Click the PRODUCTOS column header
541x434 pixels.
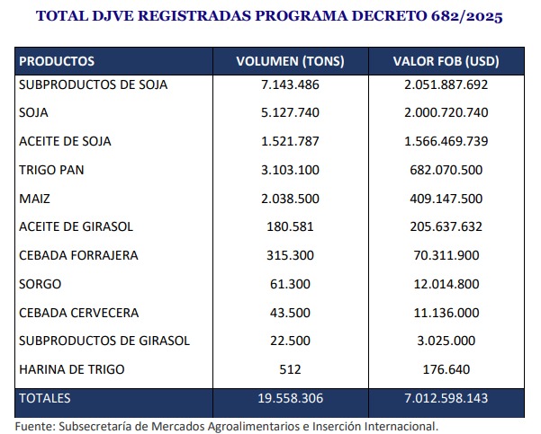point(57,62)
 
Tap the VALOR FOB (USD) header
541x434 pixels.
point(446,62)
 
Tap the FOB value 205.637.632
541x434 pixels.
point(446,227)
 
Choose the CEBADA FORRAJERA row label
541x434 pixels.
point(78,256)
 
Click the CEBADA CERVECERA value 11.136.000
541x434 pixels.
point(446,313)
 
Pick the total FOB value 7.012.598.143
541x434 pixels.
point(446,398)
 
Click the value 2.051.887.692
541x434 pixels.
point(446,85)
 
